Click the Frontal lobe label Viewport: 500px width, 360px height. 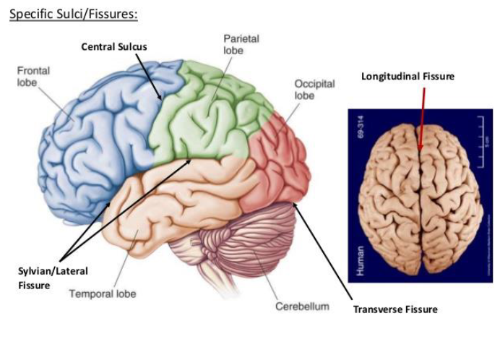coord(34,77)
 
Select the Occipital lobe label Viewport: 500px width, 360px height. coord(314,90)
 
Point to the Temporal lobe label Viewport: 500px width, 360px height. coord(102,293)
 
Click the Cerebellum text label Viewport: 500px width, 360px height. coord(302,307)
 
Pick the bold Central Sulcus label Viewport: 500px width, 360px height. coord(114,47)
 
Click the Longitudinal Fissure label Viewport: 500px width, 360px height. coord(408,76)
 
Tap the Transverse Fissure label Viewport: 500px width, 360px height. coord(395,309)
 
